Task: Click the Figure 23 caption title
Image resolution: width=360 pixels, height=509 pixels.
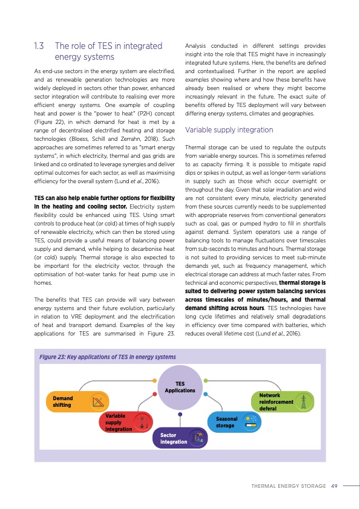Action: point(107,357)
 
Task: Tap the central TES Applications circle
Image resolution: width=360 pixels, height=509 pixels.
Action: point(180,387)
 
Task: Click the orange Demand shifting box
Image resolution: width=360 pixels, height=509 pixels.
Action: point(77,401)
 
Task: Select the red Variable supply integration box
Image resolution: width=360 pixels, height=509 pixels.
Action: point(125,423)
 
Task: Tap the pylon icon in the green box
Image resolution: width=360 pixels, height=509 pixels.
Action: point(305,401)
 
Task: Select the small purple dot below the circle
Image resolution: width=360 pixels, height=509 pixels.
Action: point(180,415)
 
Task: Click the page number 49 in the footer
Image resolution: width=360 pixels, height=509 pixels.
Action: point(334,485)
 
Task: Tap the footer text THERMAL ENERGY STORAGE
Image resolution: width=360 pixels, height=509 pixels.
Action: point(289,485)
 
